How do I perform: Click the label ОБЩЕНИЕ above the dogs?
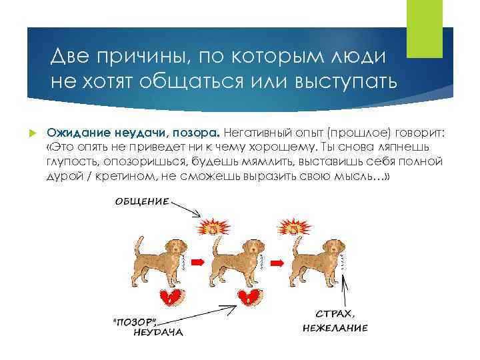(x=141, y=201)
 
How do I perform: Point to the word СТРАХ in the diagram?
(x=335, y=314)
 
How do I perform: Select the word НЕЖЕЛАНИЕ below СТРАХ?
(x=335, y=328)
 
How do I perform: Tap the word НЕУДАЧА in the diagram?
(x=157, y=331)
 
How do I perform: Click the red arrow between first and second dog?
(x=196, y=263)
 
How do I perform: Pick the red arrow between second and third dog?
(x=273, y=263)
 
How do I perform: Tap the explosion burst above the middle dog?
(x=213, y=227)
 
